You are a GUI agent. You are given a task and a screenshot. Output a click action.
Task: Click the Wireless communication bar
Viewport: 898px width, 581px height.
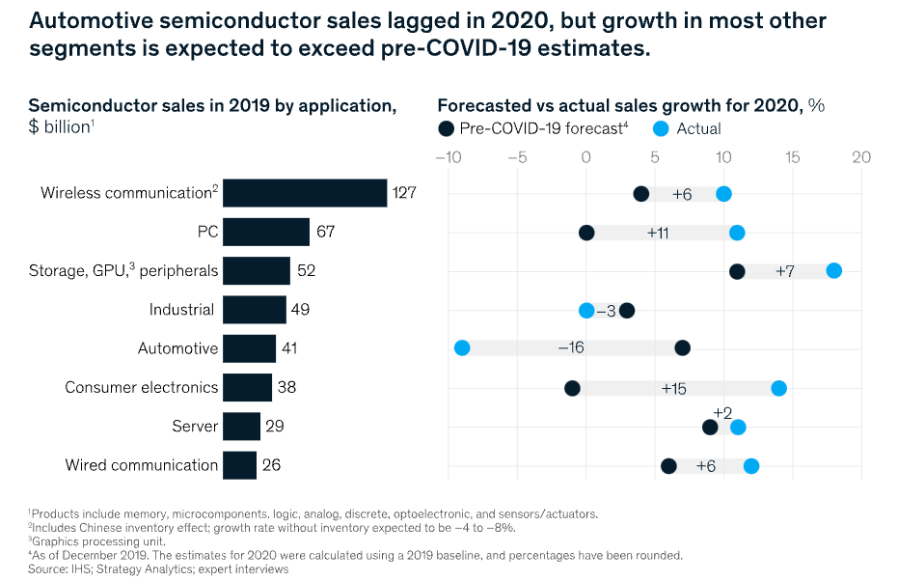click(304, 193)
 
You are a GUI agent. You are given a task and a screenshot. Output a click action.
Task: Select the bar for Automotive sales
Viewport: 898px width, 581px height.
click(249, 348)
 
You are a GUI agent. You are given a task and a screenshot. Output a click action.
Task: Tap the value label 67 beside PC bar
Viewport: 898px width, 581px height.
click(325, 233)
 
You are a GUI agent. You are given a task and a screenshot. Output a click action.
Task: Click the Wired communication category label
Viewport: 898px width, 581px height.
click(141, 465)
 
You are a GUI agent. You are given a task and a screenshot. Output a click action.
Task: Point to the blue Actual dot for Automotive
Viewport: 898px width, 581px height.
click(461, 347)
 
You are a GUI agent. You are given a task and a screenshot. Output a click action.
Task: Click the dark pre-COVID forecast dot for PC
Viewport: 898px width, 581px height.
click(586, 233)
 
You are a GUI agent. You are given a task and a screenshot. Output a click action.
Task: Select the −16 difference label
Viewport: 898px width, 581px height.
click(571, 347)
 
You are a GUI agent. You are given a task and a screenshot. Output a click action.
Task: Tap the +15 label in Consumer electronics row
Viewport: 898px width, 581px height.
click(673, 388)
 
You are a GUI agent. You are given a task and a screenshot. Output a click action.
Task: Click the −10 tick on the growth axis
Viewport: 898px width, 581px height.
click(449, 157)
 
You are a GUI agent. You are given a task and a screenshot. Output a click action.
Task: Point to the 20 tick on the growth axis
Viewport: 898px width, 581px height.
click(861, 157)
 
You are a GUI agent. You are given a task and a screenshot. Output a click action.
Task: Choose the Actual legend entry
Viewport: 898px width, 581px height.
click(687, 128)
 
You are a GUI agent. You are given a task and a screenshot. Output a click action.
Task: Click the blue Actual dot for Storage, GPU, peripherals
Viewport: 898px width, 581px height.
click(833, 270)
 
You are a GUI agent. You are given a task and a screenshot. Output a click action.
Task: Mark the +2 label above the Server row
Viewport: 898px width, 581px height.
click(722, 412)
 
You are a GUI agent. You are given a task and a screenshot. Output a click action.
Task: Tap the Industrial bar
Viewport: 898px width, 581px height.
click(255, 310)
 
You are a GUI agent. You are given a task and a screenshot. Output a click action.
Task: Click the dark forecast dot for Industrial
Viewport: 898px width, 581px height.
click(627, 310)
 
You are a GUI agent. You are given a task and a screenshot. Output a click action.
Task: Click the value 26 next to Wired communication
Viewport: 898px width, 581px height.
click(271, 465)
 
